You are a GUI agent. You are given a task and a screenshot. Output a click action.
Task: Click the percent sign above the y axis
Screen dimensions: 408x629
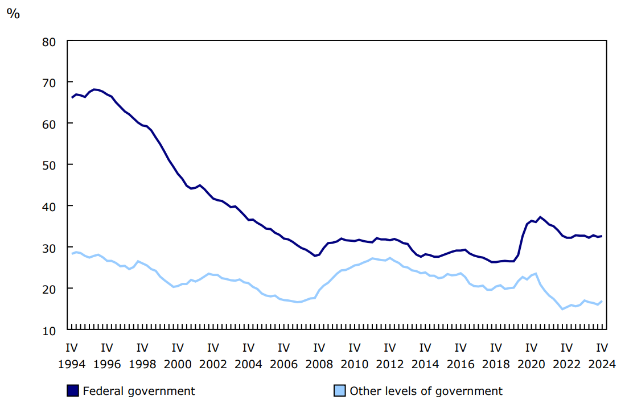pyautogui.click(x=13, y=14)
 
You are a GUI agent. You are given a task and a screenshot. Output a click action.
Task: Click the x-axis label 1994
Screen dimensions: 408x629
pyautogui.click(x=71, y=364)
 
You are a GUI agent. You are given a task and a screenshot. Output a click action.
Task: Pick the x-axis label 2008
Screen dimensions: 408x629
pyautogui.click(x=319, y=364)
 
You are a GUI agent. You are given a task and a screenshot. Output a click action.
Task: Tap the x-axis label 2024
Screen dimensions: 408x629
pyautogui.click(x=602, y=364)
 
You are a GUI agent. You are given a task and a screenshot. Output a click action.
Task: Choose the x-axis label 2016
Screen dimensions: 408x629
pyautogui.click(x=460, y=364)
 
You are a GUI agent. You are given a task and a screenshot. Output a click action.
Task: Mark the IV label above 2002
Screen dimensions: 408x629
pyautogui.click(x=213, y=348)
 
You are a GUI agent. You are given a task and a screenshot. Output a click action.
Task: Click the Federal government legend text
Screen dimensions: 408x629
pyautogui.click(x=139, y=391)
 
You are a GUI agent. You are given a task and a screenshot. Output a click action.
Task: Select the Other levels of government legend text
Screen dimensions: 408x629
pyautogui.click(x=426, y=391)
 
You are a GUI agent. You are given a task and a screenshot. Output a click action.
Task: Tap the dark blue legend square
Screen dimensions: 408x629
pyautogui.click(x=73, y=391)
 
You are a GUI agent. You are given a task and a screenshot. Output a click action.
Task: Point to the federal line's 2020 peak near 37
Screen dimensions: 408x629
pyautogui.click(x=540, y=217)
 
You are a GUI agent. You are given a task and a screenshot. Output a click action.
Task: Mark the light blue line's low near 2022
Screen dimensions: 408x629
pyautogui.click(x=562, y=309)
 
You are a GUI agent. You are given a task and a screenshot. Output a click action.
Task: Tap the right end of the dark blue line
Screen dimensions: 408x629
pyautogui.click(x=602, y=236)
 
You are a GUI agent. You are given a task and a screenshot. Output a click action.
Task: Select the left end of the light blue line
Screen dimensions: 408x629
pyautogui.click(x=72, y=253)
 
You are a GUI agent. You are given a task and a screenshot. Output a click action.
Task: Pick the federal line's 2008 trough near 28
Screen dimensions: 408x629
pyautogui.click(x=315, y=255)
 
